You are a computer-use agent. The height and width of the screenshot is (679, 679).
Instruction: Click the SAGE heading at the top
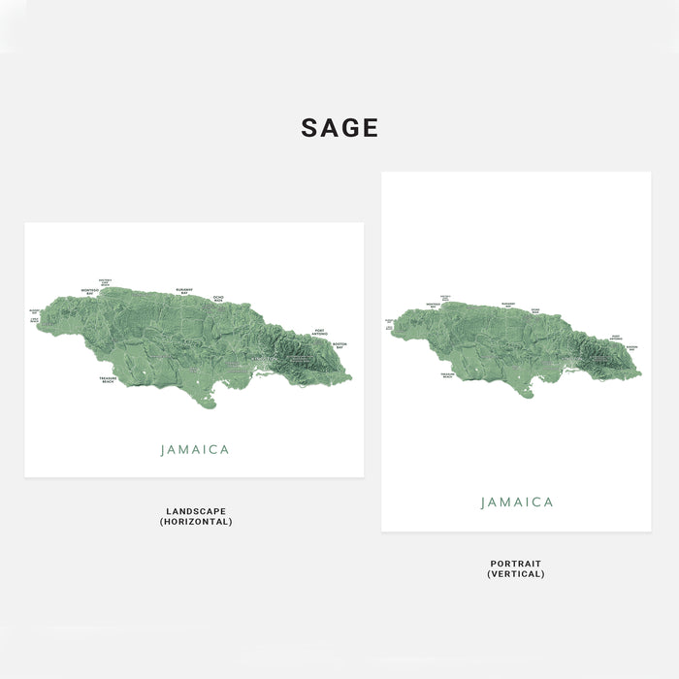tap(339, 128)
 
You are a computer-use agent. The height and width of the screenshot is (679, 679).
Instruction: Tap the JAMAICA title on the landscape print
tap(195, 450)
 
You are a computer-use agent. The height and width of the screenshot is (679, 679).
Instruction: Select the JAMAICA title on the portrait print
tap(517, 502)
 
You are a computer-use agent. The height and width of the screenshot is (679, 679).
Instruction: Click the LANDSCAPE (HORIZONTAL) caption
tap(196, 516)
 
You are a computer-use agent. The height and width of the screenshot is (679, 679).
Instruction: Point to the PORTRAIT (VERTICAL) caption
tap(516, 568)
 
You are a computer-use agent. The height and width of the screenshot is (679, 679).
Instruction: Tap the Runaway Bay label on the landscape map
tap(184, 290)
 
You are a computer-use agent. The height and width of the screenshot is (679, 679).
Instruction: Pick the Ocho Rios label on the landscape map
tap(218, 298)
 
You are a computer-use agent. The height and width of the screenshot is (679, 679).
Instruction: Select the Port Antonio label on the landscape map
tap(320, 333)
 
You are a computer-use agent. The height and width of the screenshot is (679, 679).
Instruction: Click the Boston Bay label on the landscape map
tap(339, 345)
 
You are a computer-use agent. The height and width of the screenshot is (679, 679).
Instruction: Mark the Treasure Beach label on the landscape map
tap(108, 380)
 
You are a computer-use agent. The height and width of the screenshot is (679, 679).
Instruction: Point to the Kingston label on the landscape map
tap(263, 359)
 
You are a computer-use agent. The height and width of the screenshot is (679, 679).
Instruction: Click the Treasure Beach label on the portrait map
tap(447, 374)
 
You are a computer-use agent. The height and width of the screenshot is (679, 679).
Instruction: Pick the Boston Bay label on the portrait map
tap(631, 347)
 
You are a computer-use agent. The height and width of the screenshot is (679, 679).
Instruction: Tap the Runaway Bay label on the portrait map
tap(508, 304)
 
